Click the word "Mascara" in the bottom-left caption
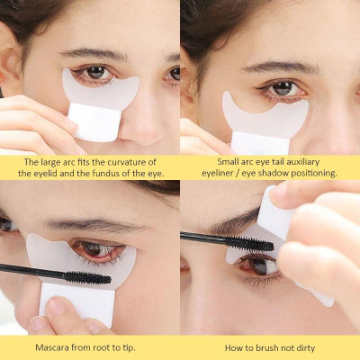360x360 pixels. click(56, 346)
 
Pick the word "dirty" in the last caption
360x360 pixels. click(301, 346)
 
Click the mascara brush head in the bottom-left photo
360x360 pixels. click(86, 277)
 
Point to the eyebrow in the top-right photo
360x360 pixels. click(275, 67)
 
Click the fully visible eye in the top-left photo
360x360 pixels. click(94, 73)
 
